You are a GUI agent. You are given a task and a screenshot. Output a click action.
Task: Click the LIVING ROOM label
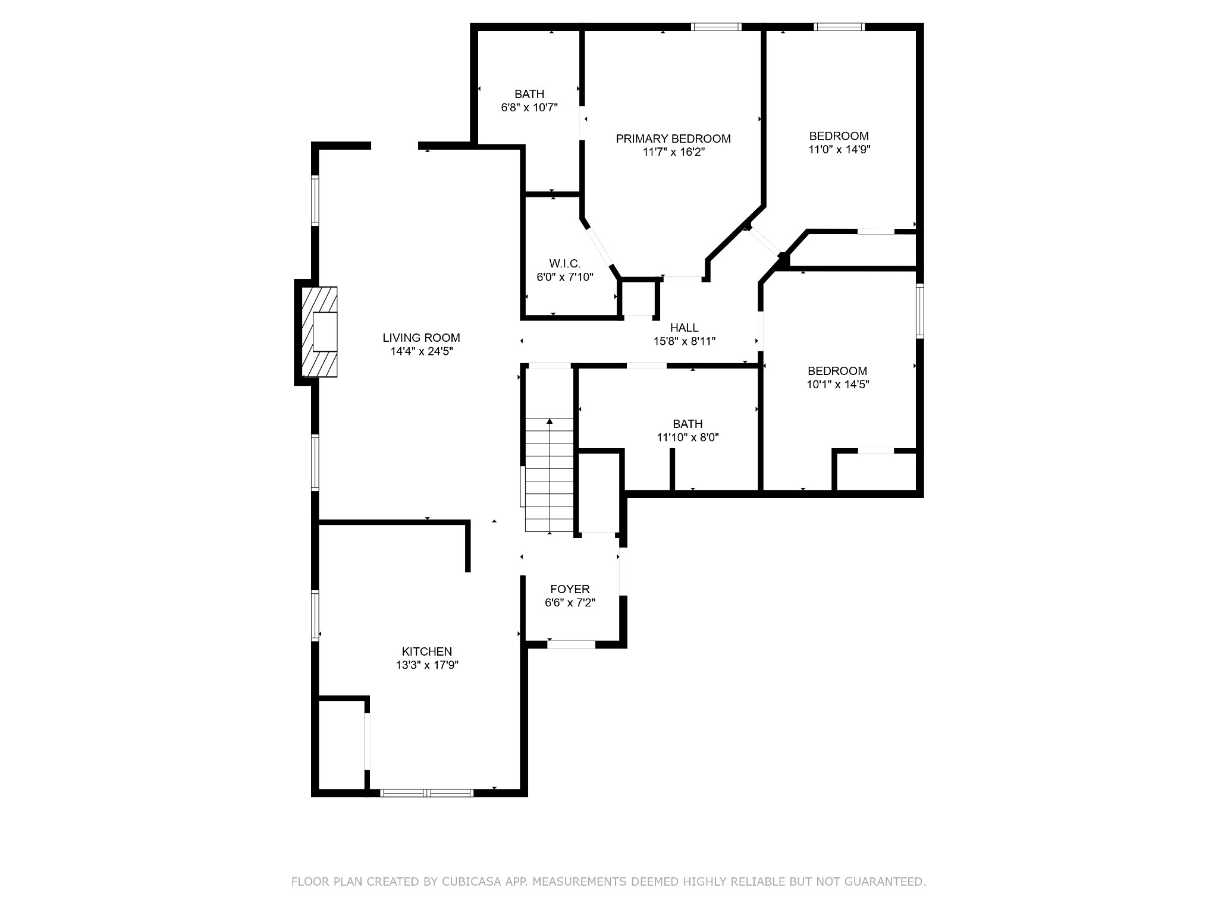point(421,338)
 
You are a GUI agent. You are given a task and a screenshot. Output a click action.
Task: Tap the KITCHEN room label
point(427,651)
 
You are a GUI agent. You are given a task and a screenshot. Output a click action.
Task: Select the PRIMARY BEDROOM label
point(673,138)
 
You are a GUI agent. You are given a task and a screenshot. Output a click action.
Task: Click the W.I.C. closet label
point(565,263)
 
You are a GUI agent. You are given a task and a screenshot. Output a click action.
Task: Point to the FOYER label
point(570,589)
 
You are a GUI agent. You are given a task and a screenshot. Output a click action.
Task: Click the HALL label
point(685,328)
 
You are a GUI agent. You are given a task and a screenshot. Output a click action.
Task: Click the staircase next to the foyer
point(550,475)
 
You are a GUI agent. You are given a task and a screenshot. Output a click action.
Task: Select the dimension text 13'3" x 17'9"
point(427,665)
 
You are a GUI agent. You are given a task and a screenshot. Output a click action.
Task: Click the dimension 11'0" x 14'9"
point(839,150)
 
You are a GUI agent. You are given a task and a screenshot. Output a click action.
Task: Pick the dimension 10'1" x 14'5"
point(838,385)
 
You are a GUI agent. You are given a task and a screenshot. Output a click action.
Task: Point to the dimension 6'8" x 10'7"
point(529,108)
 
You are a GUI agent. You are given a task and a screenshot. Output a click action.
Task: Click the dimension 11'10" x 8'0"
point(688,437)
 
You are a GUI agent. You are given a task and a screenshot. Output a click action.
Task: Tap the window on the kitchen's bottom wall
point(427,792)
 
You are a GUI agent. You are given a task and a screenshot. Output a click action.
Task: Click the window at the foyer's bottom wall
point(571,644)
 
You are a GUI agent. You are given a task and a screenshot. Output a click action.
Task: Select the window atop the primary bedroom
point(717,26)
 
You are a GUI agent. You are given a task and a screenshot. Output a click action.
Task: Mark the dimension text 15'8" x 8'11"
point(685,341)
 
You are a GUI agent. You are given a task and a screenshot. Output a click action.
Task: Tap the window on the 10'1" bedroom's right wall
point(920,311)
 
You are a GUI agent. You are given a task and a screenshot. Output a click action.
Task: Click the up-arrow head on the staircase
point(550,421)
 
